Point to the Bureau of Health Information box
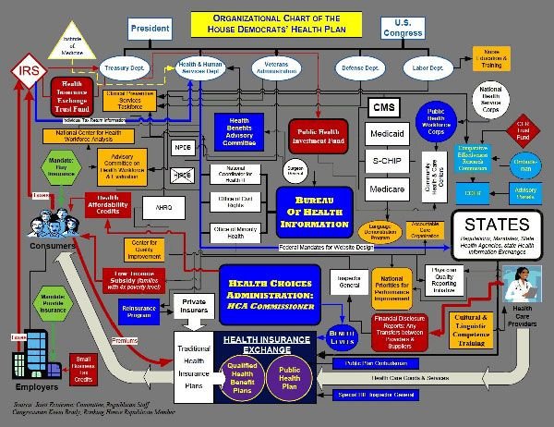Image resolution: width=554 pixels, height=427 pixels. [x=315, y=211]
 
